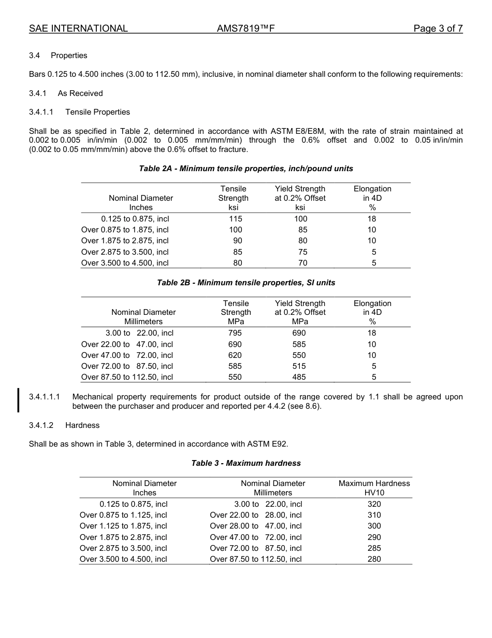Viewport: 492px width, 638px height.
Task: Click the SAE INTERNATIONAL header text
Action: (x=78, y=29)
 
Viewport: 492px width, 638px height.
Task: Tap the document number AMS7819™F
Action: (x=245, y=29)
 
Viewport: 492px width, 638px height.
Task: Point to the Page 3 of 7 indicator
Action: (x=438, y=29)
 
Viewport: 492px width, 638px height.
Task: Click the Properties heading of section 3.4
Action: (x=69, y=56)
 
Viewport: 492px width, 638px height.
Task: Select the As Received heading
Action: (x=80, y=93)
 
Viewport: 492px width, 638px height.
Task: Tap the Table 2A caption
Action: (x=246, y=169)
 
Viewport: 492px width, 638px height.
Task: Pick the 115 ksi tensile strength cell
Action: (x=236, y=219)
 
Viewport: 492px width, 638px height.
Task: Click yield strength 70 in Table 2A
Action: (x=302, y=263)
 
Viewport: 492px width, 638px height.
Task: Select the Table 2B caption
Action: (x=246, y=283)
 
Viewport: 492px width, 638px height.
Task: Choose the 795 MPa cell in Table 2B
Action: (x=235, y=333)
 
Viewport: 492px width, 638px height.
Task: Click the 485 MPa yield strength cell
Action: (x=299, y=377)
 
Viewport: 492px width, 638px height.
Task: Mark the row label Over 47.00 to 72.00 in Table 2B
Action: (x=127, y=355)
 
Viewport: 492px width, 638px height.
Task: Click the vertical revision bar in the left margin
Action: (x=19, y=400)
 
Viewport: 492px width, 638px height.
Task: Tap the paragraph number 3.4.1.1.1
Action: (x=45, y=397)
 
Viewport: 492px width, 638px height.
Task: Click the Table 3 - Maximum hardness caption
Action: (x=246, y=463)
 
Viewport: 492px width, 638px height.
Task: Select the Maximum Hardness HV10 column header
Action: (x=374, y=488)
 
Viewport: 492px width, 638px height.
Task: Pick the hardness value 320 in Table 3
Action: (x=374, y=504)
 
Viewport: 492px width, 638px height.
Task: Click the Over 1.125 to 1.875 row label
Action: (x=124, y=526)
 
